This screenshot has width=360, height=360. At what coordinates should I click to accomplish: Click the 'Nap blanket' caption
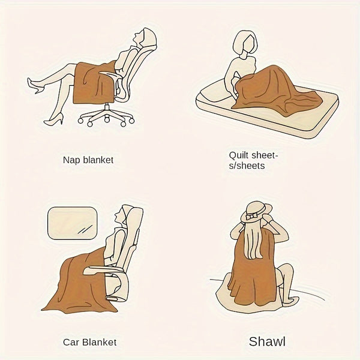click(x=88, y=161)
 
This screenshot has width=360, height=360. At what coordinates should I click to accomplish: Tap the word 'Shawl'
click(x=267, y=343)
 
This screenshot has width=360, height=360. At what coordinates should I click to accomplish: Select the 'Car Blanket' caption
click(x=89, y=343)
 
